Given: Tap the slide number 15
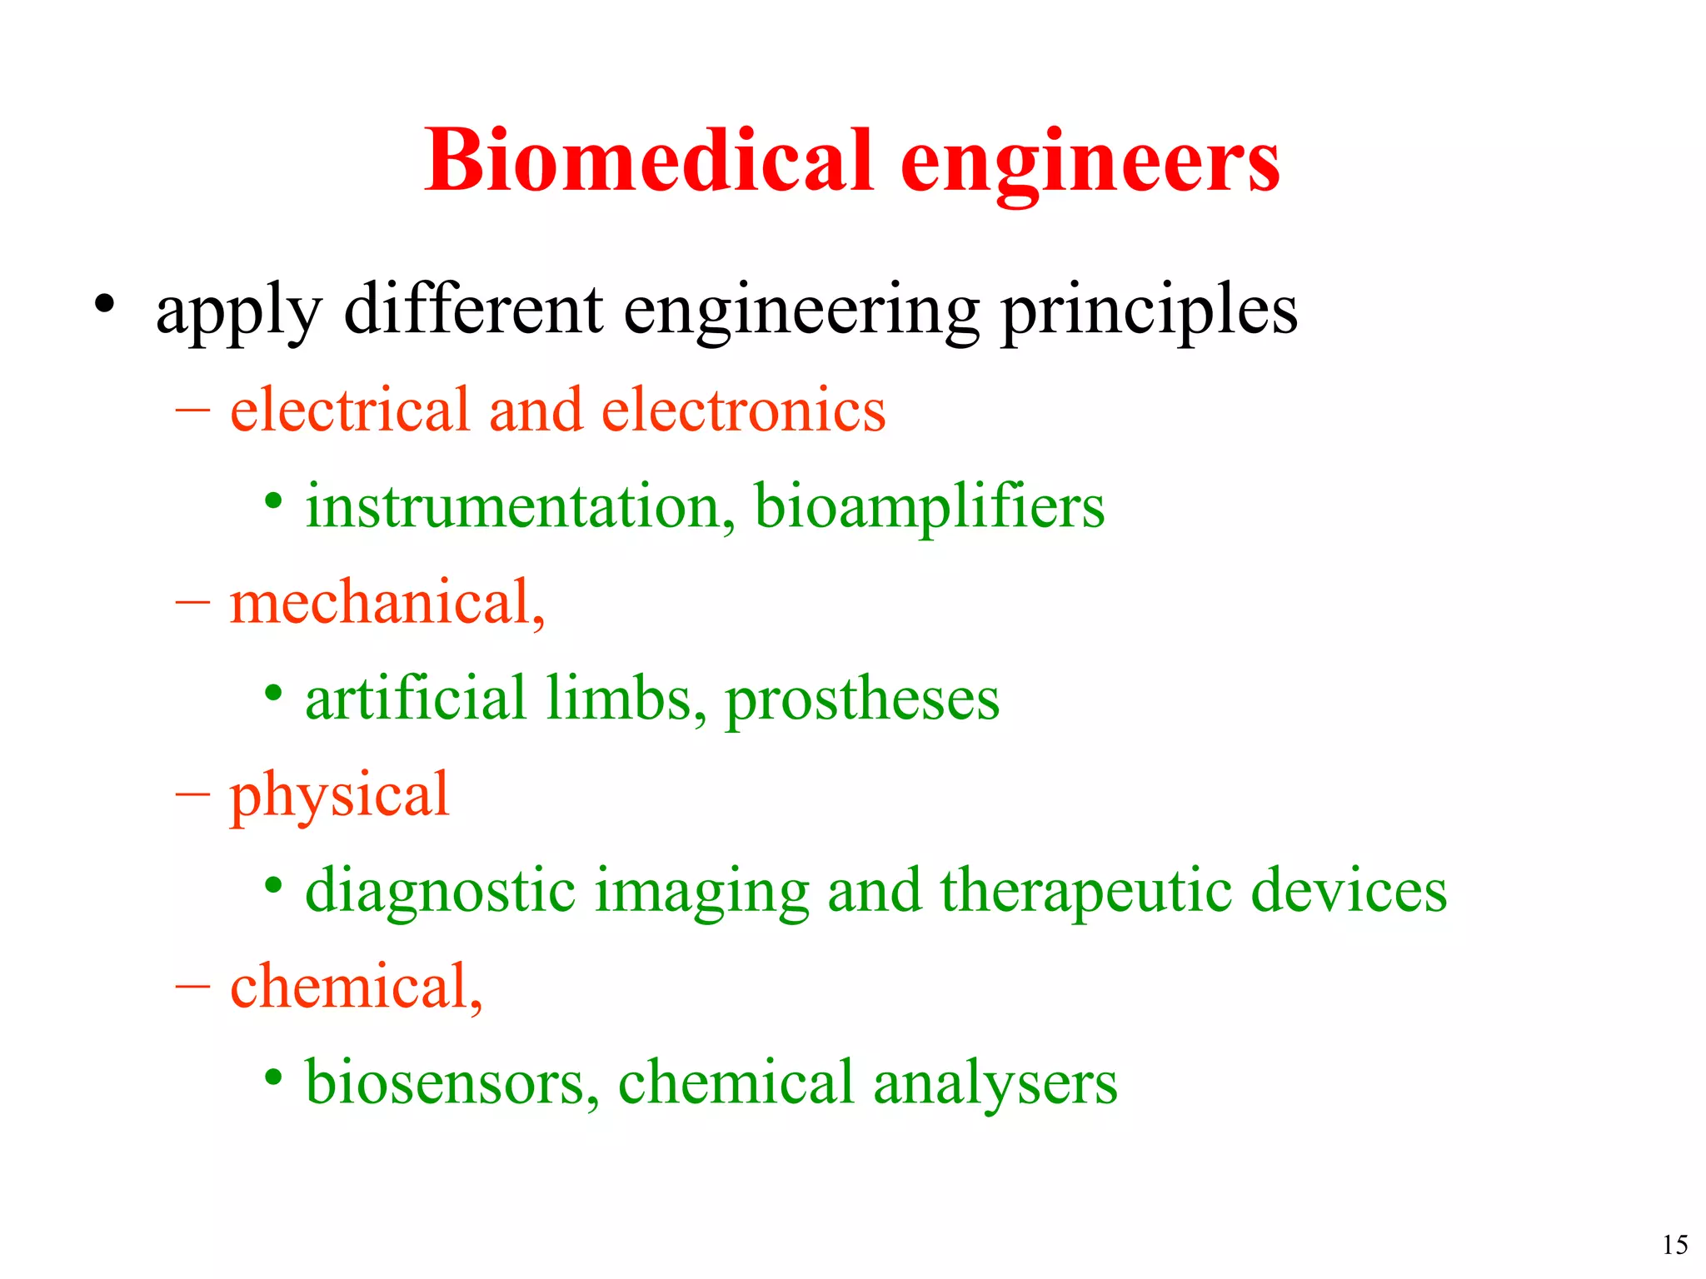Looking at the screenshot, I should (x=1674, y=1245).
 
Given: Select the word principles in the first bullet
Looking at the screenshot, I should (x=1149, y=311).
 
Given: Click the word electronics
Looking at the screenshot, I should (x=743, y=410).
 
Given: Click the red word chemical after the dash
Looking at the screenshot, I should (x=355, y=987).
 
